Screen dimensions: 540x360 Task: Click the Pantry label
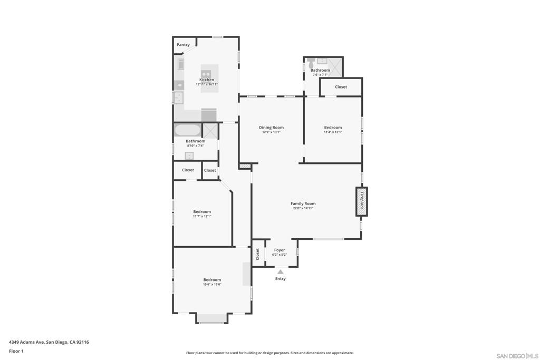coord(183,45)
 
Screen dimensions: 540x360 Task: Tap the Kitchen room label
coord(207,80)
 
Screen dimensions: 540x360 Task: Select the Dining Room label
coord(272,128)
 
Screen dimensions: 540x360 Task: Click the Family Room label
coord(303,203)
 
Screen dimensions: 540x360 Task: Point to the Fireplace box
coord(362,202)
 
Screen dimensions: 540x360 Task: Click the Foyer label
coord(279,250)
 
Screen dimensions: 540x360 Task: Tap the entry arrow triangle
coord(281,272)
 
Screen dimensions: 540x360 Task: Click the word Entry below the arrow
coord(281,278)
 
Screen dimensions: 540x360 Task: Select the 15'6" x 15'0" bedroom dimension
coord(212,284)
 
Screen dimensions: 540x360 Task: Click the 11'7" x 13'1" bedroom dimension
coord(202,216)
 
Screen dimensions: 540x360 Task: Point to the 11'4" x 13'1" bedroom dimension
coord(333,132)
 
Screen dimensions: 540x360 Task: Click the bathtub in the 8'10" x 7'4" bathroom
coord(187,130)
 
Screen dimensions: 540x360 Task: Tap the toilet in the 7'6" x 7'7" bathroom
coord(311,63)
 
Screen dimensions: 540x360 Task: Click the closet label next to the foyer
coord(257,255)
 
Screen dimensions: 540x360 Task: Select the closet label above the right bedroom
coord(341,87)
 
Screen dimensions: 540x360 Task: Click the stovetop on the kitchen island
coord(206,74)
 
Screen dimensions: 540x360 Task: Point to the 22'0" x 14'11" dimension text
coord(303,208)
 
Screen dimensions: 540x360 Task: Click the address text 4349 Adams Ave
coord(26,342)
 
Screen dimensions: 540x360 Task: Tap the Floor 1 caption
coord(16,351)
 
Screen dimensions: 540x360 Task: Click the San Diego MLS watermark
coord(517,356)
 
